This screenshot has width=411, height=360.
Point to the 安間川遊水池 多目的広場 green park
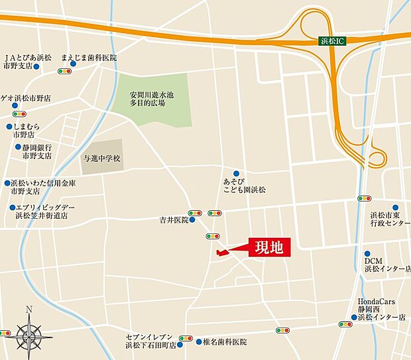coord(152,100)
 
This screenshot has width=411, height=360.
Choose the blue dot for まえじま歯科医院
coord(82,64)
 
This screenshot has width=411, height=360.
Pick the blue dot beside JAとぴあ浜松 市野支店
coord(36,67)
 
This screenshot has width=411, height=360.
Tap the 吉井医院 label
coord(174,219)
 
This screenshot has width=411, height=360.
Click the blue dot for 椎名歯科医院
coord(198,341)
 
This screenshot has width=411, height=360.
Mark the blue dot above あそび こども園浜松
coord(236,173)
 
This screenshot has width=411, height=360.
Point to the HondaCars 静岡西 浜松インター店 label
coord(381,309)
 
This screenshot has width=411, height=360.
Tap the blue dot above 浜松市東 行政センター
coord(395,207)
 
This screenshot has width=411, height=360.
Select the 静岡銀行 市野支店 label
coord(36,152)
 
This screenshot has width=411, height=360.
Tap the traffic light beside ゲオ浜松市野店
coord(19,113)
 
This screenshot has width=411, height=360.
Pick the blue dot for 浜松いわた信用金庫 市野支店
coord(7,183)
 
